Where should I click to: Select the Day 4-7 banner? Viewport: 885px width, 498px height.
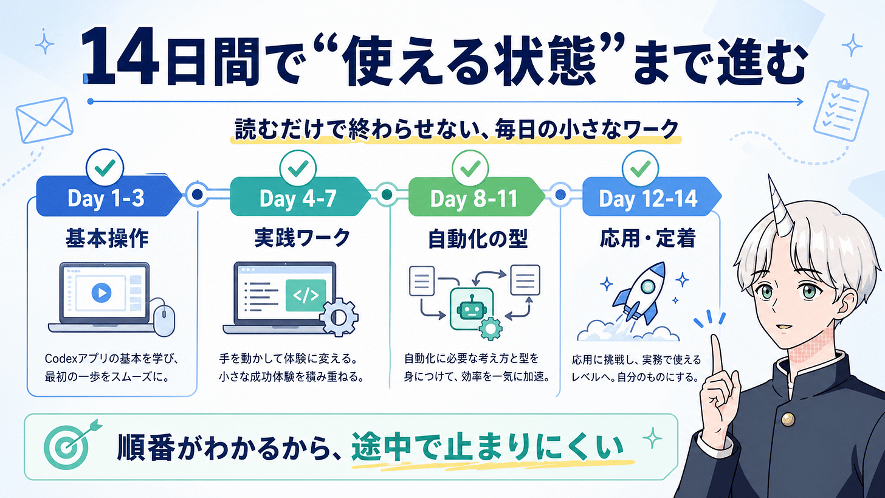(x=298, y=197)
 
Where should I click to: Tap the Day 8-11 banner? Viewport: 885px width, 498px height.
(x=474, y=197)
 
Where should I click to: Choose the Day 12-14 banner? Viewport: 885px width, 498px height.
(x=650, y=197)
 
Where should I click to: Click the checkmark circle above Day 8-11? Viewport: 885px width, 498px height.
(x=470, y=169)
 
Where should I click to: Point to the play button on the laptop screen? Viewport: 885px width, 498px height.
(x=102, y=293)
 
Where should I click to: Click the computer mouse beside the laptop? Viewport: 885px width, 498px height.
(x=164, y=320)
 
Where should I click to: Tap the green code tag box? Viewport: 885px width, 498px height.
(x=305, y=296)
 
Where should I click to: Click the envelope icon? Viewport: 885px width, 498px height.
(x=44, y=120)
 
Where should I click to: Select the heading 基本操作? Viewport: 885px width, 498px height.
(x=107, y=238)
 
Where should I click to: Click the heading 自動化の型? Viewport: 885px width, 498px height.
(x=478, y=239)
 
